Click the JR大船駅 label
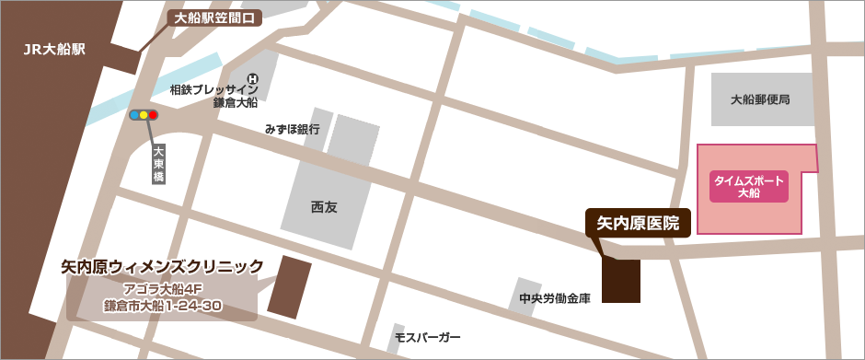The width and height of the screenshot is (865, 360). pyautogui.click(x=54, y=50)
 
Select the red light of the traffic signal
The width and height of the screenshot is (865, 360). pyautogui.click(x=153, y=115)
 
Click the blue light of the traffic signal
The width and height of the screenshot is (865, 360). pyautogui.click(x=134, y=115)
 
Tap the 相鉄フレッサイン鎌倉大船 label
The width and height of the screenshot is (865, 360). pyautogui.click(x=213, y=96)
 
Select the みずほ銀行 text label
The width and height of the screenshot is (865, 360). pyautogui.click(x=292, y=130)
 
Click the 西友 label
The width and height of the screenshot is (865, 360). pyautogui.click(x=324, y=207)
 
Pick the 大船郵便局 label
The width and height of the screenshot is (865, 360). pyautogui.click(x=760, y=99)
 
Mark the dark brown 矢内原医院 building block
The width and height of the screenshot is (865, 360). pyautogui.click(x=620, y=281)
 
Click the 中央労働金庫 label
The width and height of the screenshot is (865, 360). pyautogui.click(x=554, y=298)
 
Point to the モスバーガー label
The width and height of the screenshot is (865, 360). pyautogui.click(x=427, y=338)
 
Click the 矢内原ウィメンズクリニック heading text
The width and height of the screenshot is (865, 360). pyautogui.click(x=162, y=267)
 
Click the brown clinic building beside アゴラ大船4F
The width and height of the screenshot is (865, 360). pyautogui.click(x=290, y=287)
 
